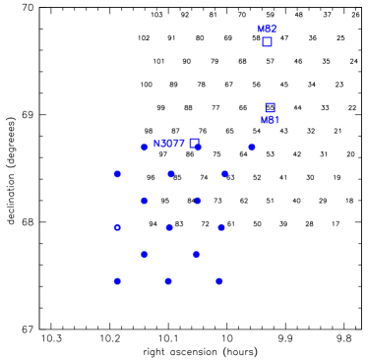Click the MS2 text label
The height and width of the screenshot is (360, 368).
point(267,30)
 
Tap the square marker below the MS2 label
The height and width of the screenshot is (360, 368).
point(267,42)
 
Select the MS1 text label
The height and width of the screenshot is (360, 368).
point(270,120)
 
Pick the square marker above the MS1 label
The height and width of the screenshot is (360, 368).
point(270,107)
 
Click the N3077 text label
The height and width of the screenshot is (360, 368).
point(168,144)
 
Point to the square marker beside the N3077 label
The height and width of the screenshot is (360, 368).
point(194,144)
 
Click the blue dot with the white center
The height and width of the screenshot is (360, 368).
point(117,227)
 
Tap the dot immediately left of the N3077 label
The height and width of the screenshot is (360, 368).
point(145,147)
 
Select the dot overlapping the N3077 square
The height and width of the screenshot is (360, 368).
point(198,147)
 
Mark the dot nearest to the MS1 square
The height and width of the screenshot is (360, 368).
point(252,147)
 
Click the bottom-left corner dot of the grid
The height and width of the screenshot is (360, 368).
point(117,281)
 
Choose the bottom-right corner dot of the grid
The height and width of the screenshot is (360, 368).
point(219,281)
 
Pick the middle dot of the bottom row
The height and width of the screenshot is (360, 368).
point(168,281)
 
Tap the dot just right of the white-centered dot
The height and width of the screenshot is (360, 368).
point(169,227)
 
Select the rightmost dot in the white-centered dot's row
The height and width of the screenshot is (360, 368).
point(221,227)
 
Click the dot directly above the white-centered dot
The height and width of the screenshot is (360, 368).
point(117,174)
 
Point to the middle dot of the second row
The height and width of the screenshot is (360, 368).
point(170,174)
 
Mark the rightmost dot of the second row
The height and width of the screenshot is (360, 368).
point(224,174)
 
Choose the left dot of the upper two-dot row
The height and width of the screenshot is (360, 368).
point(145,201)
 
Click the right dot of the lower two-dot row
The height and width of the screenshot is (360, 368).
point(196,255)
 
